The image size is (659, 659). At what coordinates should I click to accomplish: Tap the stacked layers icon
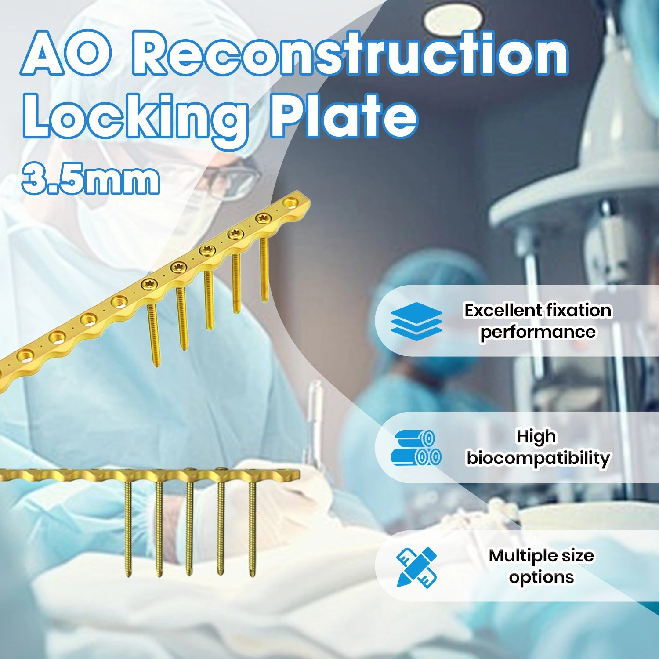[x=416, y=321]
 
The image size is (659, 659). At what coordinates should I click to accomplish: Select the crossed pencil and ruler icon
[x=416, y=567]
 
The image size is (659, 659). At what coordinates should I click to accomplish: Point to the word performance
[x=538, y=332]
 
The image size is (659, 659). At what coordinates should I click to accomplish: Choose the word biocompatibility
[x=538, y=458]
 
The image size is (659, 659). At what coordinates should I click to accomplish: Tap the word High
[x=536, y=436]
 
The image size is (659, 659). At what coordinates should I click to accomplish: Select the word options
[x=541, y=577]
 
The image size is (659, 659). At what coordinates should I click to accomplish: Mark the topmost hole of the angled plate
[x=290, y=203]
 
